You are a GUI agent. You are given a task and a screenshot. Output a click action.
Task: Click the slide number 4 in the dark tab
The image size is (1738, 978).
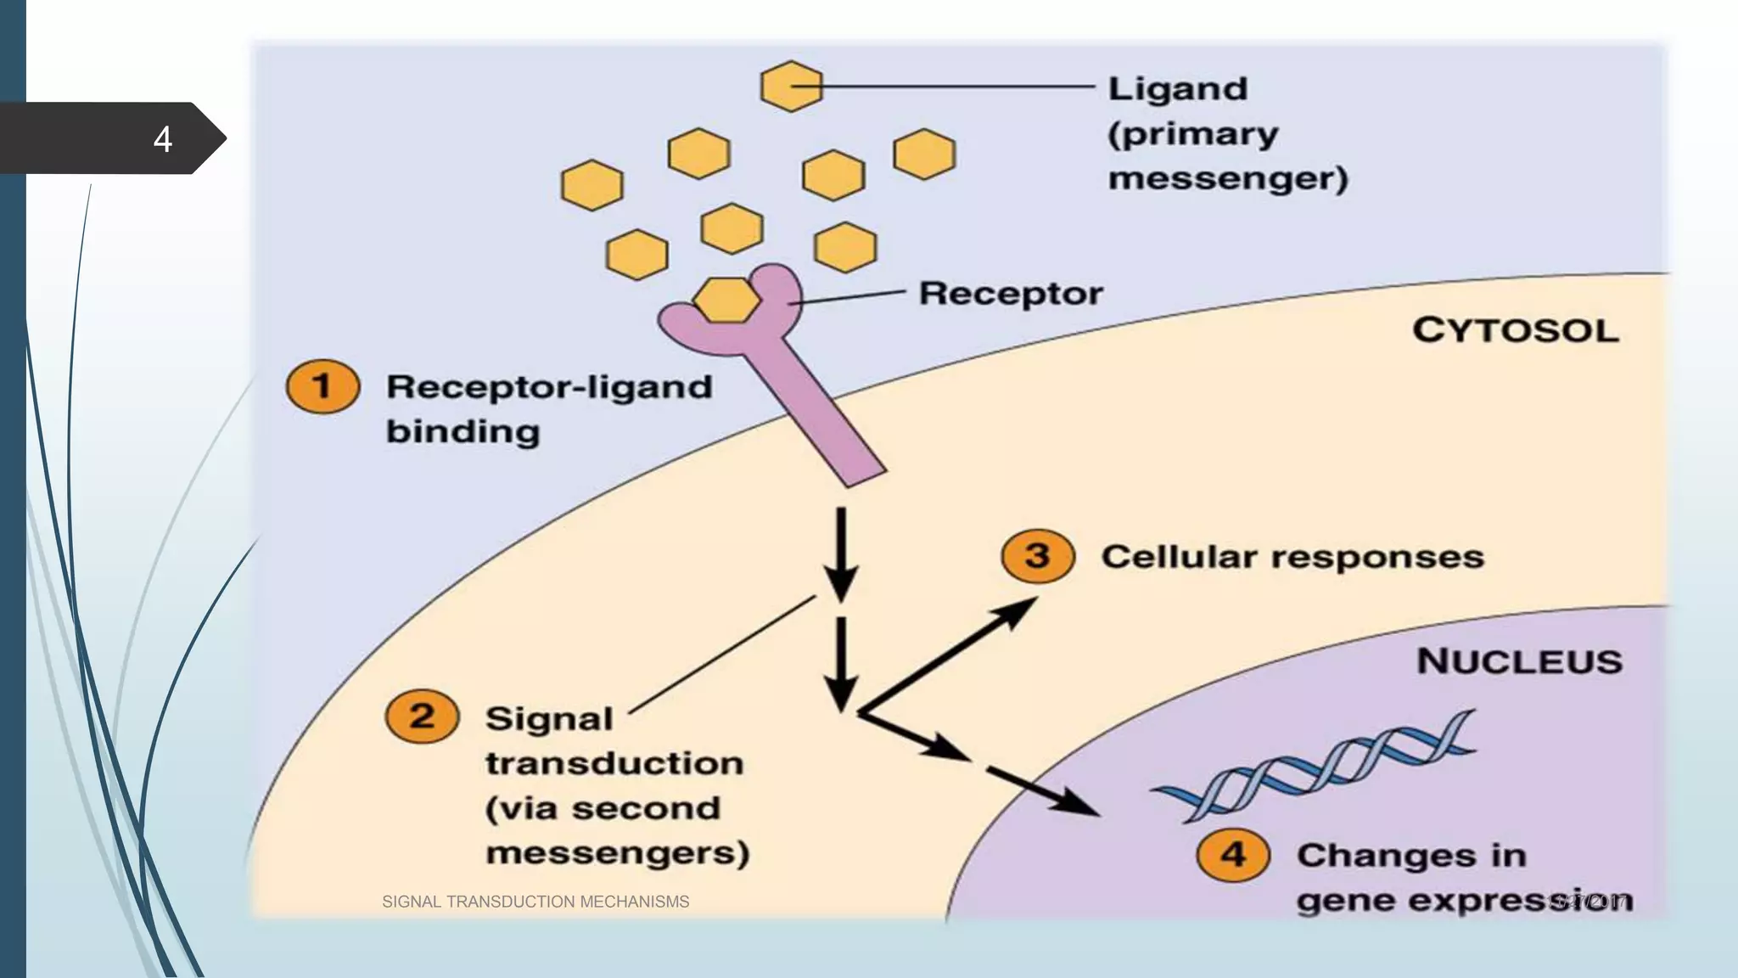163,139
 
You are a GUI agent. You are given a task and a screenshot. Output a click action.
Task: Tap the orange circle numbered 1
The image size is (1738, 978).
322,386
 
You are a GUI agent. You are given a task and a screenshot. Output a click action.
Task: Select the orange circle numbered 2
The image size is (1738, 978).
422,717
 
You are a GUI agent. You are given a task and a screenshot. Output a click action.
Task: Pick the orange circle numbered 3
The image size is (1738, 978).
1037,556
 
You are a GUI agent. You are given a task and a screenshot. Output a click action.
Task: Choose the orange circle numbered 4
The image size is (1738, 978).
1233,854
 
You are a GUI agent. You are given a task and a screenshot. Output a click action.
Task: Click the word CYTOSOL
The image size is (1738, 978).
1516,330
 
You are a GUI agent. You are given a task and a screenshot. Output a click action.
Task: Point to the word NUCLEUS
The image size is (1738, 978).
1519,661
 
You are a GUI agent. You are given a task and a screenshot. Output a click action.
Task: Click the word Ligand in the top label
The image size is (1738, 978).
1178,88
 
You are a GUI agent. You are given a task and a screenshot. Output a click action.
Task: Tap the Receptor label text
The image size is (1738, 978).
1011,294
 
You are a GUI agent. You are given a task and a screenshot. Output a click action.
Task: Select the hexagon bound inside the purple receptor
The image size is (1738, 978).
726,300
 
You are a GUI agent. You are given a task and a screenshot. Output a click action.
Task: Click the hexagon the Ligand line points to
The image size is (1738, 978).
791,86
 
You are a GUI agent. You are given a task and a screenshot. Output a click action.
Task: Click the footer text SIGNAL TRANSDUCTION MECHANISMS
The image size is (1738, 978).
535,902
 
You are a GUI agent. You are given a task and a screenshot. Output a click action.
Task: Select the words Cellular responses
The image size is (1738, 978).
1292,557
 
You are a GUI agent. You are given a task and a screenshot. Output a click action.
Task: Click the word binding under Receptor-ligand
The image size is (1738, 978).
463,431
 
